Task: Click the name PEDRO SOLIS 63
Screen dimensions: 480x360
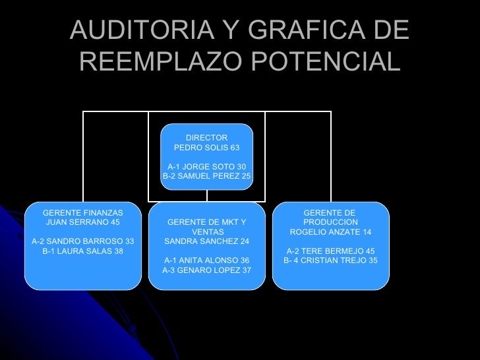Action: click(206, 148)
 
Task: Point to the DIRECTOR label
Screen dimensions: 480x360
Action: click(206, 137)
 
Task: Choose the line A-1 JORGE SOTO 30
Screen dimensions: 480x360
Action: click(206, 166)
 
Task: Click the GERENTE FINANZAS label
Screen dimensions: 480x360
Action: click(83, 213)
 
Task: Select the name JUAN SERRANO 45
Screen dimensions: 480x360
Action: click(83, 223)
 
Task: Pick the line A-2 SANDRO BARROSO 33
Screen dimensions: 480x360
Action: click(83, 241)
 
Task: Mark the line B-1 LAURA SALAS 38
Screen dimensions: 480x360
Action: click(83, 251)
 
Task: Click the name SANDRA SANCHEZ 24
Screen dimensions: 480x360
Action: click(206, 241)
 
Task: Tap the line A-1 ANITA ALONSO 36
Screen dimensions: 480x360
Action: click(206, 260)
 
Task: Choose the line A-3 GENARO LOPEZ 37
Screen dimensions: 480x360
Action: click(206, 270)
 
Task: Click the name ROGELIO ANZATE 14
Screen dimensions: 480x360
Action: click(330, 232)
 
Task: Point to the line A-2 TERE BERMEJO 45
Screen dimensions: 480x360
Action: click(330, 251)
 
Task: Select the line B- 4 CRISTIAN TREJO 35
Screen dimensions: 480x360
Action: click(330, 260)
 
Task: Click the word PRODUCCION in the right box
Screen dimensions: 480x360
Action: click(330, 222)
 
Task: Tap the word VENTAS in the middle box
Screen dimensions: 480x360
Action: click(206, 232)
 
